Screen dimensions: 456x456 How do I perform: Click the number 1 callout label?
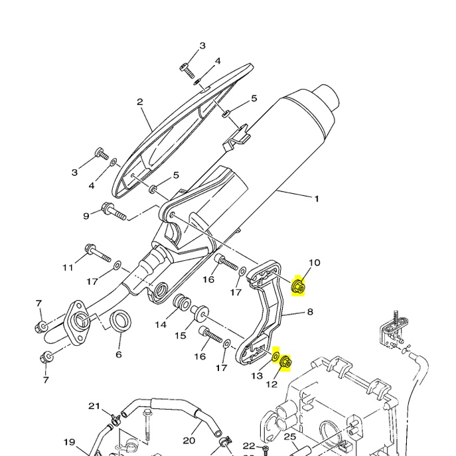(317, 198)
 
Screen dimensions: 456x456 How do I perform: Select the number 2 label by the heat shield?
(140, 102)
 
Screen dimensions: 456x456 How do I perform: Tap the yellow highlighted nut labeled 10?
(299, 286)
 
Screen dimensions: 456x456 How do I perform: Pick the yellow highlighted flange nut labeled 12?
(287, 362)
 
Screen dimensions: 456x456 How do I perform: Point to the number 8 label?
(309, 312)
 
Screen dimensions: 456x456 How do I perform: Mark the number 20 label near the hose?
(189, 440)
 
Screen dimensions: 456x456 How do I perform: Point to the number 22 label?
(249, 445)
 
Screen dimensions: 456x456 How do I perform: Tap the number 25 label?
(289, 436)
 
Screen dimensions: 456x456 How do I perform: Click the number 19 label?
(69, 442)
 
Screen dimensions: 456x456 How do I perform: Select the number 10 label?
(314, 263)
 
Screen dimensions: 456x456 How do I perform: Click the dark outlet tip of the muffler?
(329, 96)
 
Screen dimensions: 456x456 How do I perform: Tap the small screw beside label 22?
(265, 449)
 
